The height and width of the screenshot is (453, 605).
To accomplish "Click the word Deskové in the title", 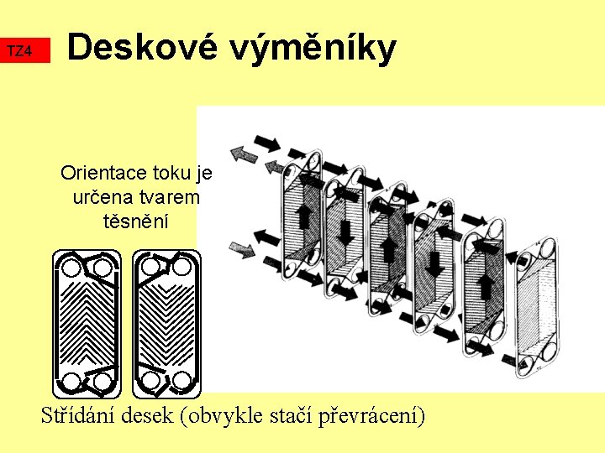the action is pos(134,48).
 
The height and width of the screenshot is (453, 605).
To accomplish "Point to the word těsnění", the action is pos(134,221).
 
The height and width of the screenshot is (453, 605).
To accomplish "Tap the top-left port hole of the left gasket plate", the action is pos(72,268).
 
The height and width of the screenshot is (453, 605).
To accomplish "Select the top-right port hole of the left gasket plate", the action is pos(101,268).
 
